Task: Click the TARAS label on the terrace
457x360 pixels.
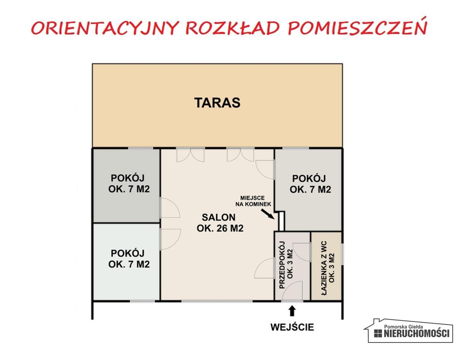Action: (x=217, y=103)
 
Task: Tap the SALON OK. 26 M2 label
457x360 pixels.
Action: (x=219, y=223)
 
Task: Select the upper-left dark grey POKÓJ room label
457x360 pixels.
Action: (x=128, y=183)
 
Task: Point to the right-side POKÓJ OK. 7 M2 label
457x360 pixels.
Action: (x=310, y=184)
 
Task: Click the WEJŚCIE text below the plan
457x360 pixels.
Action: (x=292, y=327)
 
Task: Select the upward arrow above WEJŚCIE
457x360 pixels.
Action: (x=292, y=311)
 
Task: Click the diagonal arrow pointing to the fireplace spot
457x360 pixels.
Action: (x=268, y=214)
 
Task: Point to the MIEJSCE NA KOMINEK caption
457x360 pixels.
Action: (x=256, y=201)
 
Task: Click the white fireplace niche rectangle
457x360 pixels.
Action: (x=281, y=221)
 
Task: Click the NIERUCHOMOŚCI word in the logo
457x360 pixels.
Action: (x=417, y=334)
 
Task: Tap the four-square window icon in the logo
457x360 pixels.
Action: (x=378, y=334)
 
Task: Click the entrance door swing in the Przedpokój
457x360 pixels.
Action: (x=292, y=291)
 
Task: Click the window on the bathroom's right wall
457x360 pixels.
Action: (x=342, y=254)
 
